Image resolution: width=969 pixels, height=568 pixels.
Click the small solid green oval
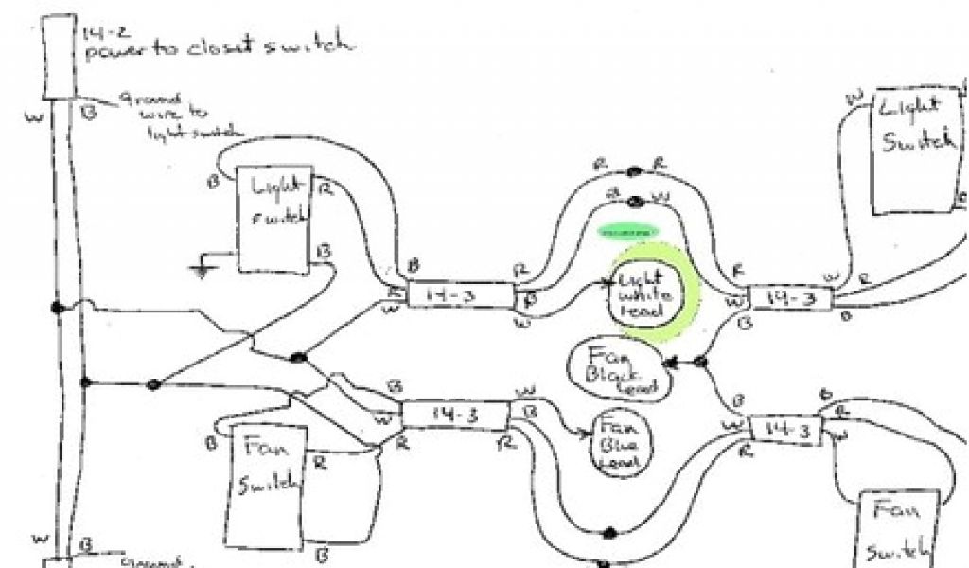(628, 229)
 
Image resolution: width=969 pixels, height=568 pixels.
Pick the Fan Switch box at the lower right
(898, 528)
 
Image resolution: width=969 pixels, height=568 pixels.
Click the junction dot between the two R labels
(633, 172)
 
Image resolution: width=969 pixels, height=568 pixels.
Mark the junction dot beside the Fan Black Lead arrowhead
(701, 362)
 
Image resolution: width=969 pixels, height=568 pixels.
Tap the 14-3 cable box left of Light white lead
(460, 295)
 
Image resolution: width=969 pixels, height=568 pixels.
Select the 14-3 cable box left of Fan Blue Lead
(456, 413)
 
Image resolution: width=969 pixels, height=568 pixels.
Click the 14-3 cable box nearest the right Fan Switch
(787, 429)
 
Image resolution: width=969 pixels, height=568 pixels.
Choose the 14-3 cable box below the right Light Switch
(791, 298)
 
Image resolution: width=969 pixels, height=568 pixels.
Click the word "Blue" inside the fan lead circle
(615, 446)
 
